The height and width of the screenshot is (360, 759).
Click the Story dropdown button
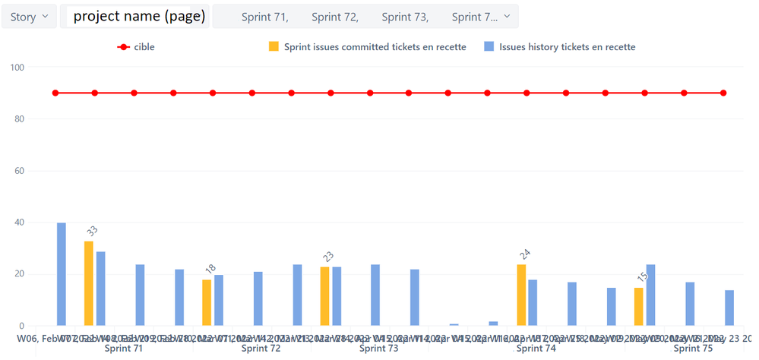[x=30, y=17]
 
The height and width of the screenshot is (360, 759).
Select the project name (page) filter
[x=139, y=17]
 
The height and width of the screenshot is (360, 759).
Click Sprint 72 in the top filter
[x=334, y=17]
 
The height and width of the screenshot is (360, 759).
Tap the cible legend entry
[x=137, y=47]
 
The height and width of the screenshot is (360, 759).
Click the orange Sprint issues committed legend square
[x=274, y=47]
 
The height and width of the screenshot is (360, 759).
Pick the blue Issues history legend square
[x=490, y=47]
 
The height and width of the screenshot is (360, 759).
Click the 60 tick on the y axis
[x=17, y=171]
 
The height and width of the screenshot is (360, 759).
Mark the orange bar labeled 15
[x=639, y=306]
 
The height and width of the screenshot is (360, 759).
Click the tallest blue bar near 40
[x=62, y=274]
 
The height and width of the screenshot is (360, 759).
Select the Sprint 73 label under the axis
[x=378, y=349]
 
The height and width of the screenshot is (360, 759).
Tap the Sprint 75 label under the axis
[x=693, y=349]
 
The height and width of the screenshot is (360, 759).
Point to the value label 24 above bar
[x=524, y=254]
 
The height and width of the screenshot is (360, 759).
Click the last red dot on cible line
[x=723, y=93]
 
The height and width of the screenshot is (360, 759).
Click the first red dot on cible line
[x=55, y=93]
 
